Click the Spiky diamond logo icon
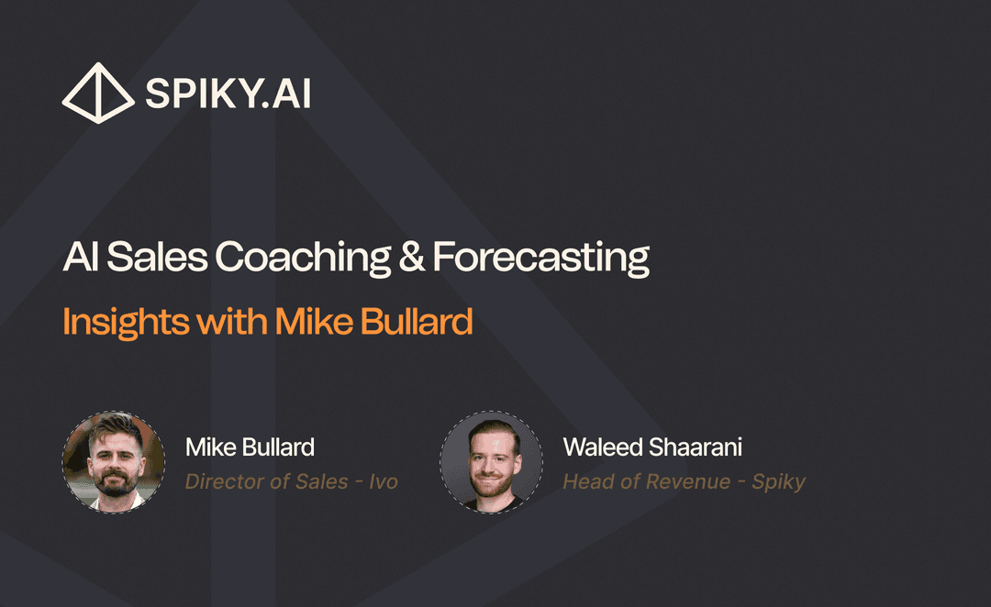coord(96,93)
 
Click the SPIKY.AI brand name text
coord(228,94)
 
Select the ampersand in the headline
coord(412,258)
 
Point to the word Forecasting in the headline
coord(541,259)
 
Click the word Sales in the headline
coord(159,258)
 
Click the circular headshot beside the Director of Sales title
coord(114,461)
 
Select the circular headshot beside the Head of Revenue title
coord(491,461)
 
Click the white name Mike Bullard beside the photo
coord(250,447)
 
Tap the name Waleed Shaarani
coord(652,447)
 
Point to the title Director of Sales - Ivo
coord(291,481)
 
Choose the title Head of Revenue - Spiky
coord(684,481)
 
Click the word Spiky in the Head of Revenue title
coord(778,482)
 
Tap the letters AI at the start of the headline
coord(81,258)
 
